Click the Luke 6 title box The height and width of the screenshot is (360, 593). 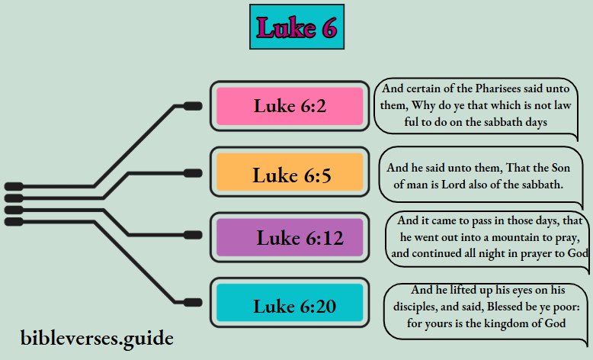296,27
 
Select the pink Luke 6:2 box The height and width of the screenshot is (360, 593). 290,106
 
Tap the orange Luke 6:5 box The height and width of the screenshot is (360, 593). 290,175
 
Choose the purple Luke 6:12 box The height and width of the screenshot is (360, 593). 290,237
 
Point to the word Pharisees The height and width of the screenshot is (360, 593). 501,88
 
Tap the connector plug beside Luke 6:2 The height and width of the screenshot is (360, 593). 193,106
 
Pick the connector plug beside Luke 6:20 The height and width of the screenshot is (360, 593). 193,302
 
